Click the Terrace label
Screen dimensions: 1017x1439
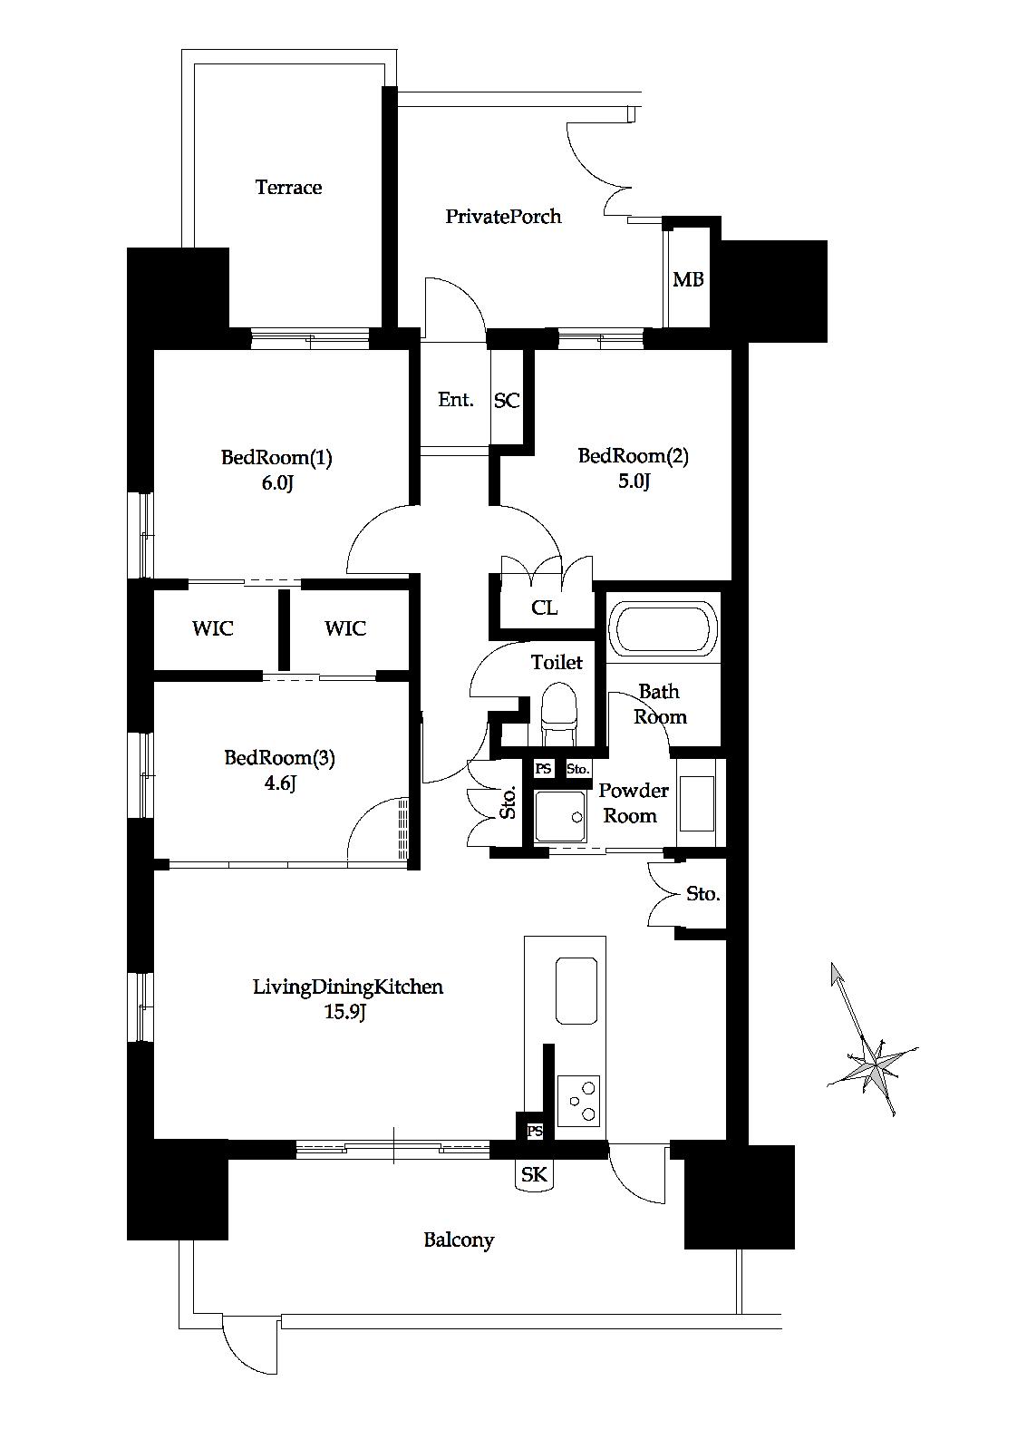pyautogui.click(x=288, y=187)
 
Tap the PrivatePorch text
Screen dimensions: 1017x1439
pyautogui.click(x=503, y=216)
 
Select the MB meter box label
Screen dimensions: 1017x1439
pyautogui.click(x=688, y=279)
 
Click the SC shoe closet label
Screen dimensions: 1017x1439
pyautogui.click(x=507, y=400)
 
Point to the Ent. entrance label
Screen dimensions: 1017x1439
pyautogui.click(x=455, y=400)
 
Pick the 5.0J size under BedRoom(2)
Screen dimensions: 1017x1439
pyautogui.click(x=634, y=481)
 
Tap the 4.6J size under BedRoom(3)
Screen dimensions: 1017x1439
pyautogui.click(x=279, y=783)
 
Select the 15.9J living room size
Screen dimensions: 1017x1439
pyautogui.click(x=345, y=1012)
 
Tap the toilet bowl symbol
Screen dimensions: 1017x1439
pyautogui.click(x=560, y=713)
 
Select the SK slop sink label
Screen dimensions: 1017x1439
pyautogui.click(x=534, y=1174)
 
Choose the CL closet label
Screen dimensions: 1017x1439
pyautogui.click(x=545, y=608)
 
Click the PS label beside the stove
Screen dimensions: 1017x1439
pyautogui.click(x=534, y=1131)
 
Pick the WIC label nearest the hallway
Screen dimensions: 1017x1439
pyautogui.click(x=345, y=627)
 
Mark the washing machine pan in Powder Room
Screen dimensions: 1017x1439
pyautogui.click(x=560, y=816)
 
